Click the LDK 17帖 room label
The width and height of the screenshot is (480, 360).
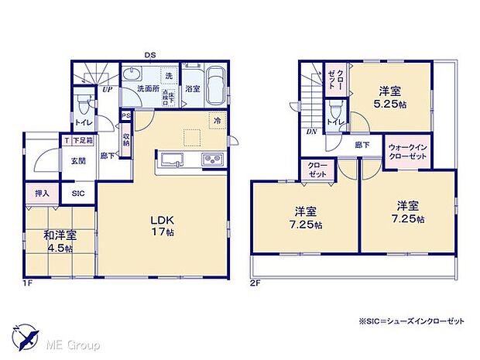[x=163, y=224]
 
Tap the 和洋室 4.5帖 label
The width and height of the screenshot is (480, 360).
[x=58, y=242]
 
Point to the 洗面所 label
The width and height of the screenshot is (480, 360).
[x=148, y=90]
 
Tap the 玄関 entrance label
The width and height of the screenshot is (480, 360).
[x=79, y=161]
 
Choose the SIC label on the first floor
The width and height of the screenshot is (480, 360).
[x=79, y=194]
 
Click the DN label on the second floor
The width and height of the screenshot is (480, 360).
[x=312, y=132]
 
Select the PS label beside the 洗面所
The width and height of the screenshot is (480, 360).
[x=125, y=116]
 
